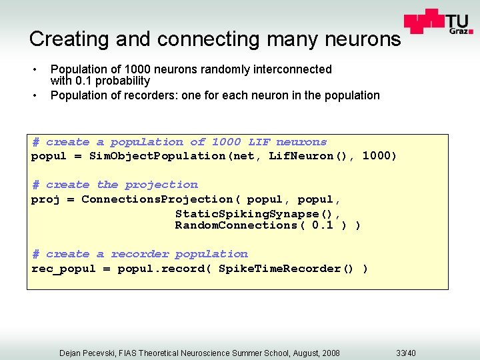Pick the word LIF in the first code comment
[259, 142]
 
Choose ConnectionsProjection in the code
[157, 199]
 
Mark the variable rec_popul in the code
[63, 269]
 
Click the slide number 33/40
[405, 352]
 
